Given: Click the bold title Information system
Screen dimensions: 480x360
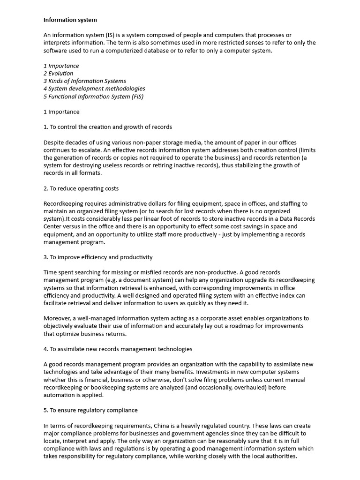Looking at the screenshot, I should (70, 20).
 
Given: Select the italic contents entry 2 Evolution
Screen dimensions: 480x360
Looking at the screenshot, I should (59, 73).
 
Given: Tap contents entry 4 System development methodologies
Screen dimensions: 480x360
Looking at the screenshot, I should (94, 88).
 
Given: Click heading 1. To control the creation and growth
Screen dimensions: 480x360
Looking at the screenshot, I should (108, 127).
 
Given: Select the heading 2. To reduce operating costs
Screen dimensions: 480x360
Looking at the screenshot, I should (81, 188).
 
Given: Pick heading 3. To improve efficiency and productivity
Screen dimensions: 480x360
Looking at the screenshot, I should (98, 257).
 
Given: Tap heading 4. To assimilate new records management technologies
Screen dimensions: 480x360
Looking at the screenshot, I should (118, 349).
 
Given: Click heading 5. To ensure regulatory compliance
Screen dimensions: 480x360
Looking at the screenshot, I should (90, 410).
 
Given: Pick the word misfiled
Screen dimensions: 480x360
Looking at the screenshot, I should (150, 272).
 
